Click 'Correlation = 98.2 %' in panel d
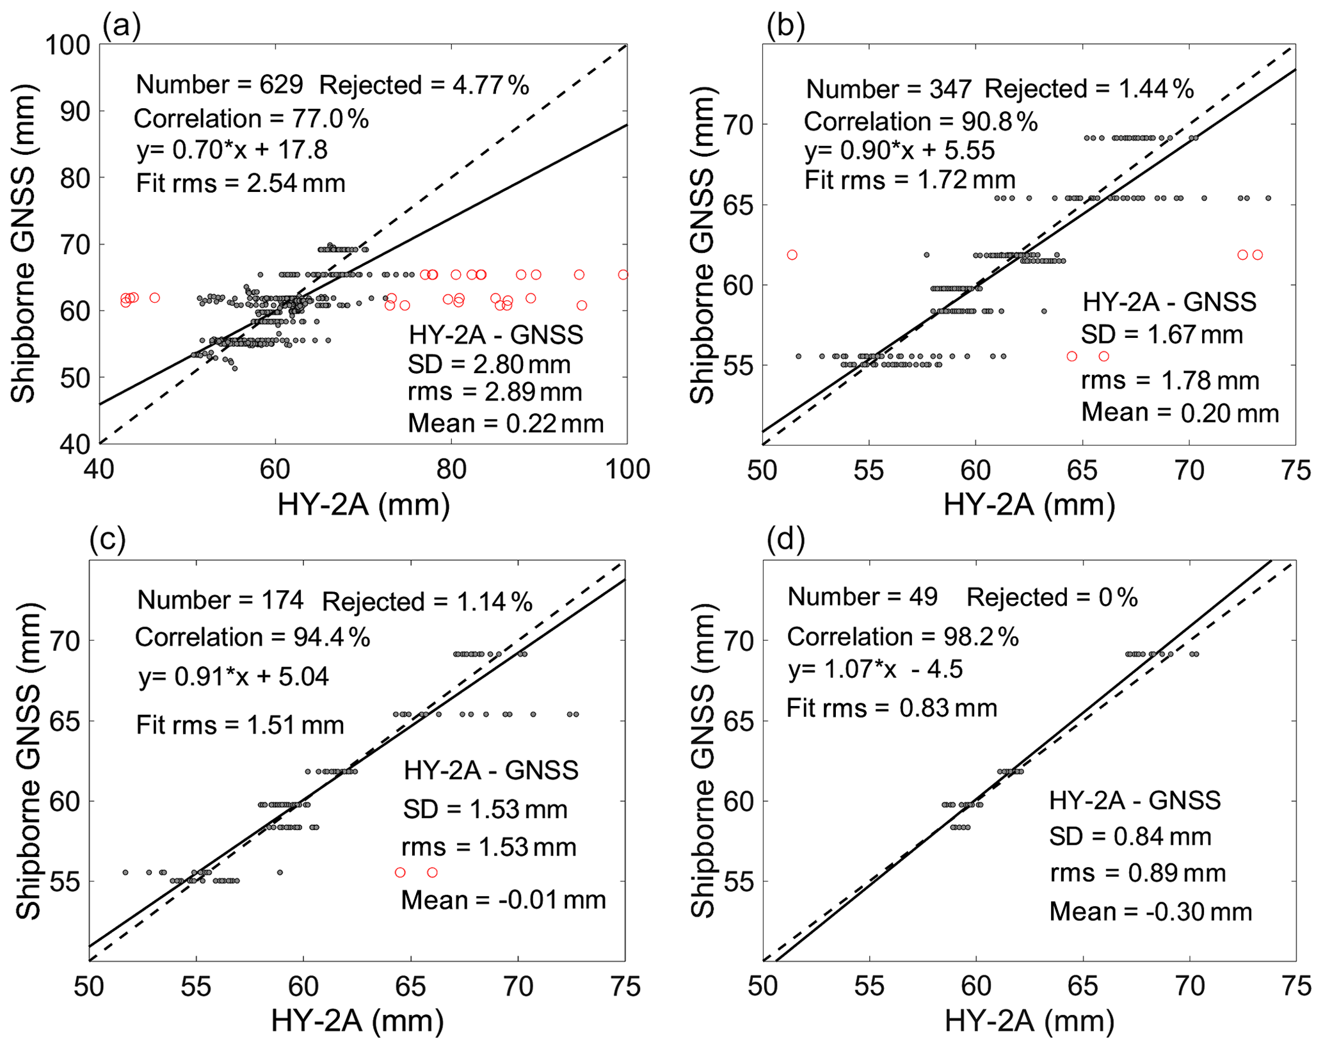pos(902,637)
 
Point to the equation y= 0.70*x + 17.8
pos(232,150)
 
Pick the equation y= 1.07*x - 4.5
pos(875,669)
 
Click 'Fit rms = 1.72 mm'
pos(910,180)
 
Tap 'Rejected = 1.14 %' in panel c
pos(427,602)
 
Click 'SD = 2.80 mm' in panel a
pos(489,365)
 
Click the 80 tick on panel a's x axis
pos(451,470)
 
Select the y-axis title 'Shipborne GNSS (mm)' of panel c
pos(28,762)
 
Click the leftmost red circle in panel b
pos(792,255)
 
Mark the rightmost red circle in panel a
pos(623,275)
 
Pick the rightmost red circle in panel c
pos(432,872)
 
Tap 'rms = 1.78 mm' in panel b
pos(1170,381)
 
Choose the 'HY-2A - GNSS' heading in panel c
pos(491,771)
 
